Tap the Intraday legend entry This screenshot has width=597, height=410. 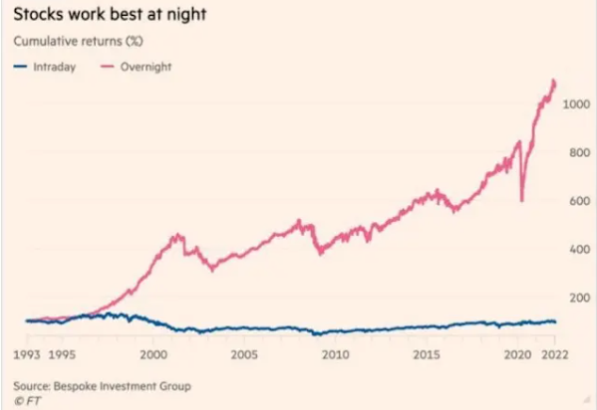click(x=46, y=67)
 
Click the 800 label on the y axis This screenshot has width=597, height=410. click(x=577, y=152)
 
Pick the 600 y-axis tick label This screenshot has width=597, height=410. click(x=577, y=201)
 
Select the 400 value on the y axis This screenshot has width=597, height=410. click(x=577, y=249)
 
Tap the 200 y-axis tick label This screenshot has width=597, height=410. click(x=577, y=298)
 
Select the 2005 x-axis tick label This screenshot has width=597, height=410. click(x=244, y=355)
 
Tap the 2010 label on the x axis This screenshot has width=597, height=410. click(x=335, y=355)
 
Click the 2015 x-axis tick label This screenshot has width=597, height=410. click(x=427, y=355)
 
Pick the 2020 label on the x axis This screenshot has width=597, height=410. click(x=517, y=355)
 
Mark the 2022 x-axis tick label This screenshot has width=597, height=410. click(x=555, y=355)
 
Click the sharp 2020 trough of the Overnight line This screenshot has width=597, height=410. click(x=522, y=199)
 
